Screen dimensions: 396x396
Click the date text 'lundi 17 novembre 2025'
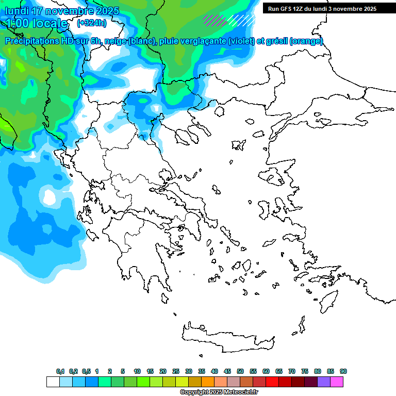pos(62,11)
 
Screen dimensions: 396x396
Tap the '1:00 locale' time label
pos(38,23)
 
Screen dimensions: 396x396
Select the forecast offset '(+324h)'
pos(92,23)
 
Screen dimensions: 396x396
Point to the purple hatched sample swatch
pos(214,20)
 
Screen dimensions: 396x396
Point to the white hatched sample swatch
pos(242,20)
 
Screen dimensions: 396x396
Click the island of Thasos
pos(222,110)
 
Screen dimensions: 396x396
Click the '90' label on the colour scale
pos(343,371)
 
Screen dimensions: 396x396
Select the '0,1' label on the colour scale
pos(60,371)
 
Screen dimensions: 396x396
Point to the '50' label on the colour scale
pos(240,371)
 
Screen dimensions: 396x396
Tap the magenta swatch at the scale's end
pos(337,382)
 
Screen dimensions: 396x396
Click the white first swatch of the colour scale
pos(53,382)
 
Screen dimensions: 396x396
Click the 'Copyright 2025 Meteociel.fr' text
pos(219,392)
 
